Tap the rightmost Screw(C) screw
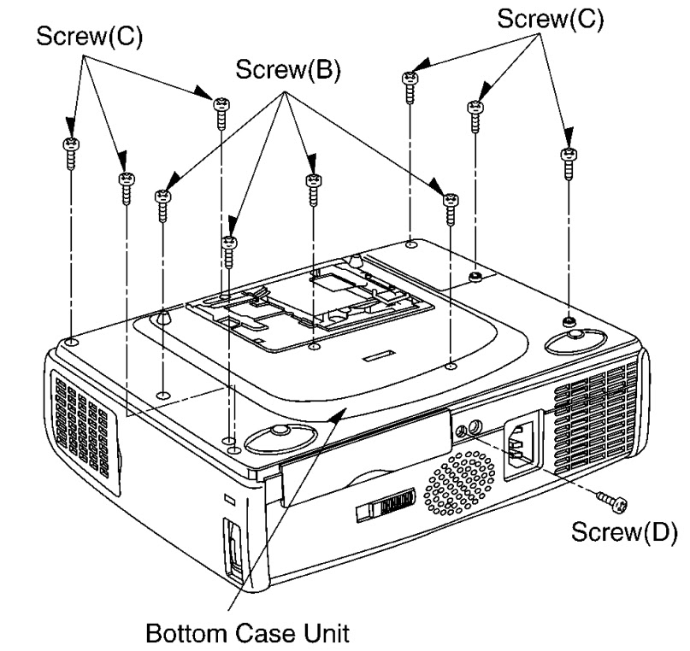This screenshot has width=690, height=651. [x=566, y=163]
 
